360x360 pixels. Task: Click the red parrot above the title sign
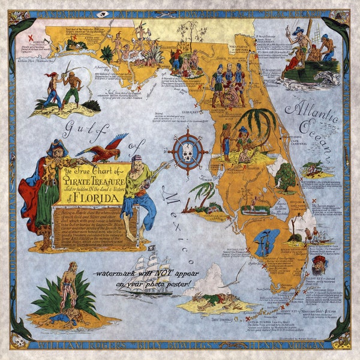[x=108, y=150]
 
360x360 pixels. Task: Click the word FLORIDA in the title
[x=93, y=197]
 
